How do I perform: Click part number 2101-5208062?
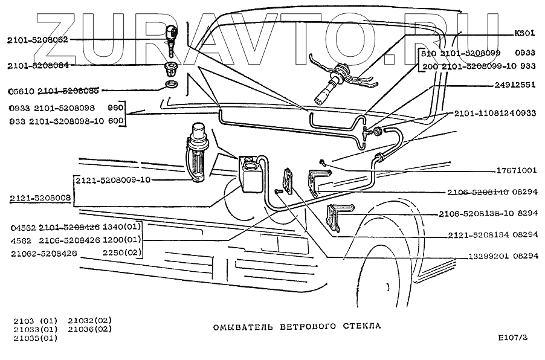tap(37, 39)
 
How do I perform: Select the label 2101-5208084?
tap(37, 65)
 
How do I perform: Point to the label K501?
tap(524, 34)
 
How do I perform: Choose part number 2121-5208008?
tap(40, 198)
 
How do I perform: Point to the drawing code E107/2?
tap(512, 338)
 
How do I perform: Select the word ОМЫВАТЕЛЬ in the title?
tap(239, 326)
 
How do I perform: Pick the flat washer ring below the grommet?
tap(171, 83)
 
